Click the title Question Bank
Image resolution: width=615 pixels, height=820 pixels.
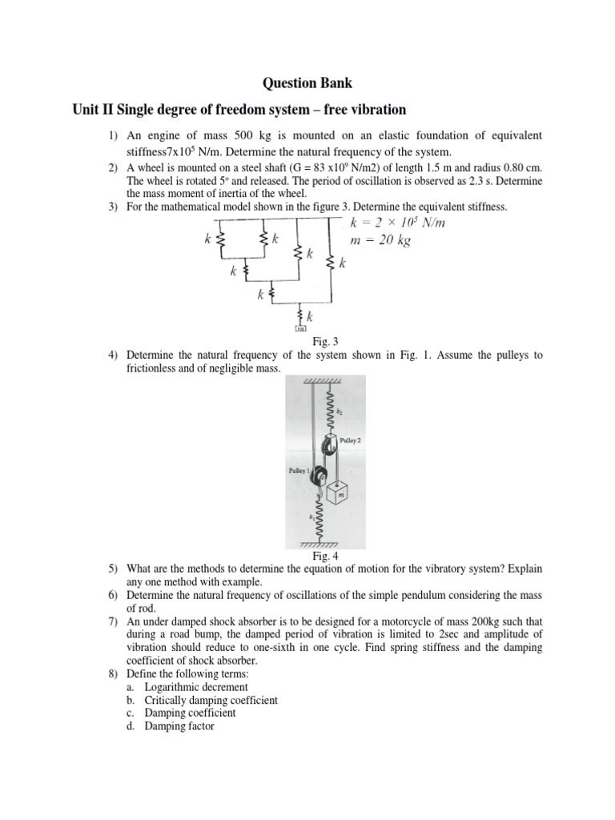(307, 83)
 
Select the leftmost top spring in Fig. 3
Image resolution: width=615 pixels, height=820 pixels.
(222, 238)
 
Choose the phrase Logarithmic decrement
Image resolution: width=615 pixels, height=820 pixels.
(196, 686)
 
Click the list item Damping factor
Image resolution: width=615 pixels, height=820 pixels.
(179, 726)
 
